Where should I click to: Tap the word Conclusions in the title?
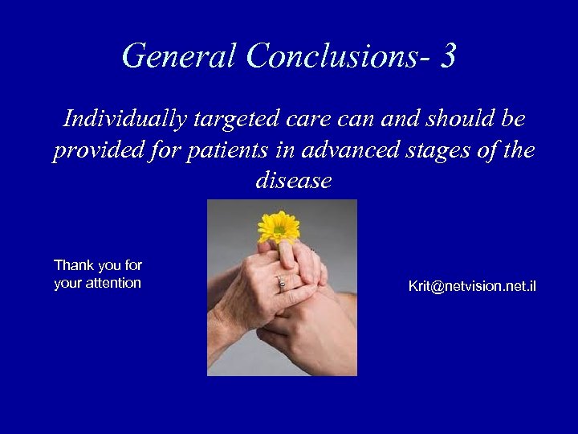pyautogui.click(x=340, y=56)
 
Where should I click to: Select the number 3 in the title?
pyautogui.click(x=449, y=56)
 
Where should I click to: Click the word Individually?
pyautogui.click(x=124, y=120)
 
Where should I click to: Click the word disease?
pyautogui.click(x=293, y=181)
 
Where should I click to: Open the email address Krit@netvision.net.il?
pyautogui.click(x=472, y=286)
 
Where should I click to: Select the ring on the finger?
pyautogui.click(x=281, y=281)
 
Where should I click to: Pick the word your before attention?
pyautogui.click(x=67, y=283)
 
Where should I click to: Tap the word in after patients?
pyautogui.click(x=283, y=150)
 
